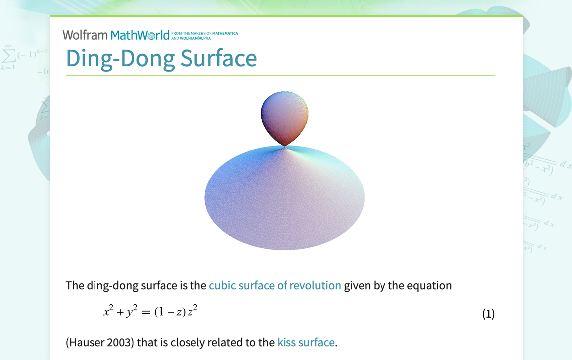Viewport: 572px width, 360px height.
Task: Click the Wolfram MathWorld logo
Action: pyautogui.click(x=115, y=35)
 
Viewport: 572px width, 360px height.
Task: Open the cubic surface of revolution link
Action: pyautogui.click(x=275, y=286)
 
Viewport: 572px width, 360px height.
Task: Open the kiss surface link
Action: pyautogui.click(x=305, y=342)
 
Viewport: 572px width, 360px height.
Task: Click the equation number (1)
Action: pyautogui.click(x=488, y=314)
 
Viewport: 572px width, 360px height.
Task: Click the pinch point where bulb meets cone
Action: pyautogui.click(x=285, y=146)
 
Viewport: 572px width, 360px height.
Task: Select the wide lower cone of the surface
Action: pyautogui.click(x=285, y=199)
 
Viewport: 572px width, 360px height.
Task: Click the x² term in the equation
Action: pyautogui.click(x=109, y=311)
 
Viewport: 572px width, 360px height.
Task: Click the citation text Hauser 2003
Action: pyautogui.click(x=99, y=342)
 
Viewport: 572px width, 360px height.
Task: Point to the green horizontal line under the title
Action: pyautogui.click(x=280, y=75)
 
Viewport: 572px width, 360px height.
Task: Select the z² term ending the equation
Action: pyautogui.click(x=193, y=311)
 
